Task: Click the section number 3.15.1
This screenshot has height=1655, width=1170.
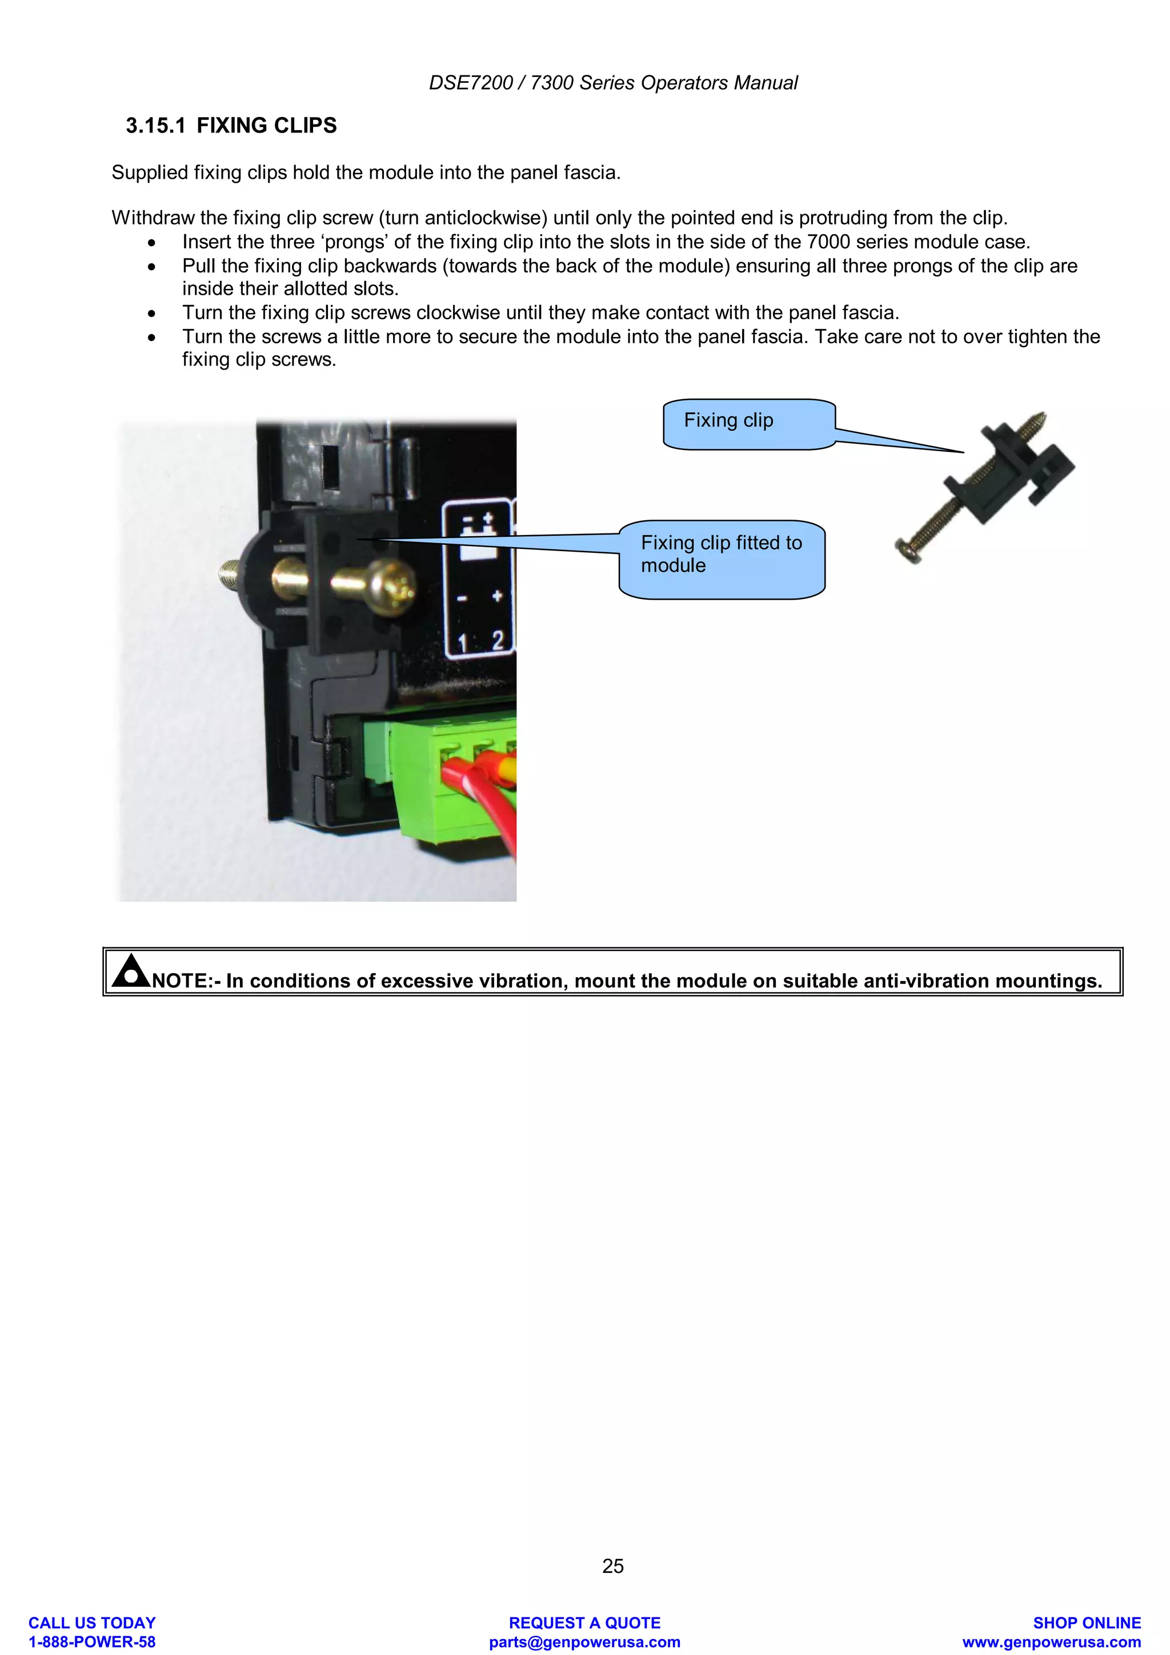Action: (x=155, y=126)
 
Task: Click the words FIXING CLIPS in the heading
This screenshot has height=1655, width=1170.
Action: (x=266, y=126)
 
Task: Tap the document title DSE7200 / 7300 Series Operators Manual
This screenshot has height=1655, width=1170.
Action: (x=613, y=83)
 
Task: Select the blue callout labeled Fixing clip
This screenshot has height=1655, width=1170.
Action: (x=748, y=424)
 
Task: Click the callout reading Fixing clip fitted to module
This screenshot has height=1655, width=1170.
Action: (x=721, y=559)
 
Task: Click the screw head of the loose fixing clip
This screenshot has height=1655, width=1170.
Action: (x=909, y=549)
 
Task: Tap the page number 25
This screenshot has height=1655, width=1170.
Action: (x=613, y=1565)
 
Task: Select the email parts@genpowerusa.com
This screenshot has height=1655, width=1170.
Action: (x=584, y=1642)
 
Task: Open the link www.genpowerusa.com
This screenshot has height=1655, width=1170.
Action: (x=1051, y=1642)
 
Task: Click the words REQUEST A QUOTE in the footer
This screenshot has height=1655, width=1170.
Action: (x=584, y=1622)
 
